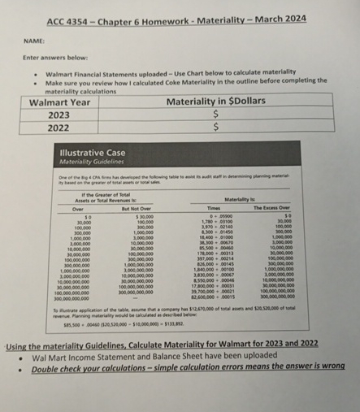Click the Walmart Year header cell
60,102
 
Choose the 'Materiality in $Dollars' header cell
215,102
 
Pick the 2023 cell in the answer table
59,115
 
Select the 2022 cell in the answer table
59,128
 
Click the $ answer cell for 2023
215,115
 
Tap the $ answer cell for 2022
215,128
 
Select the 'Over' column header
79,208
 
